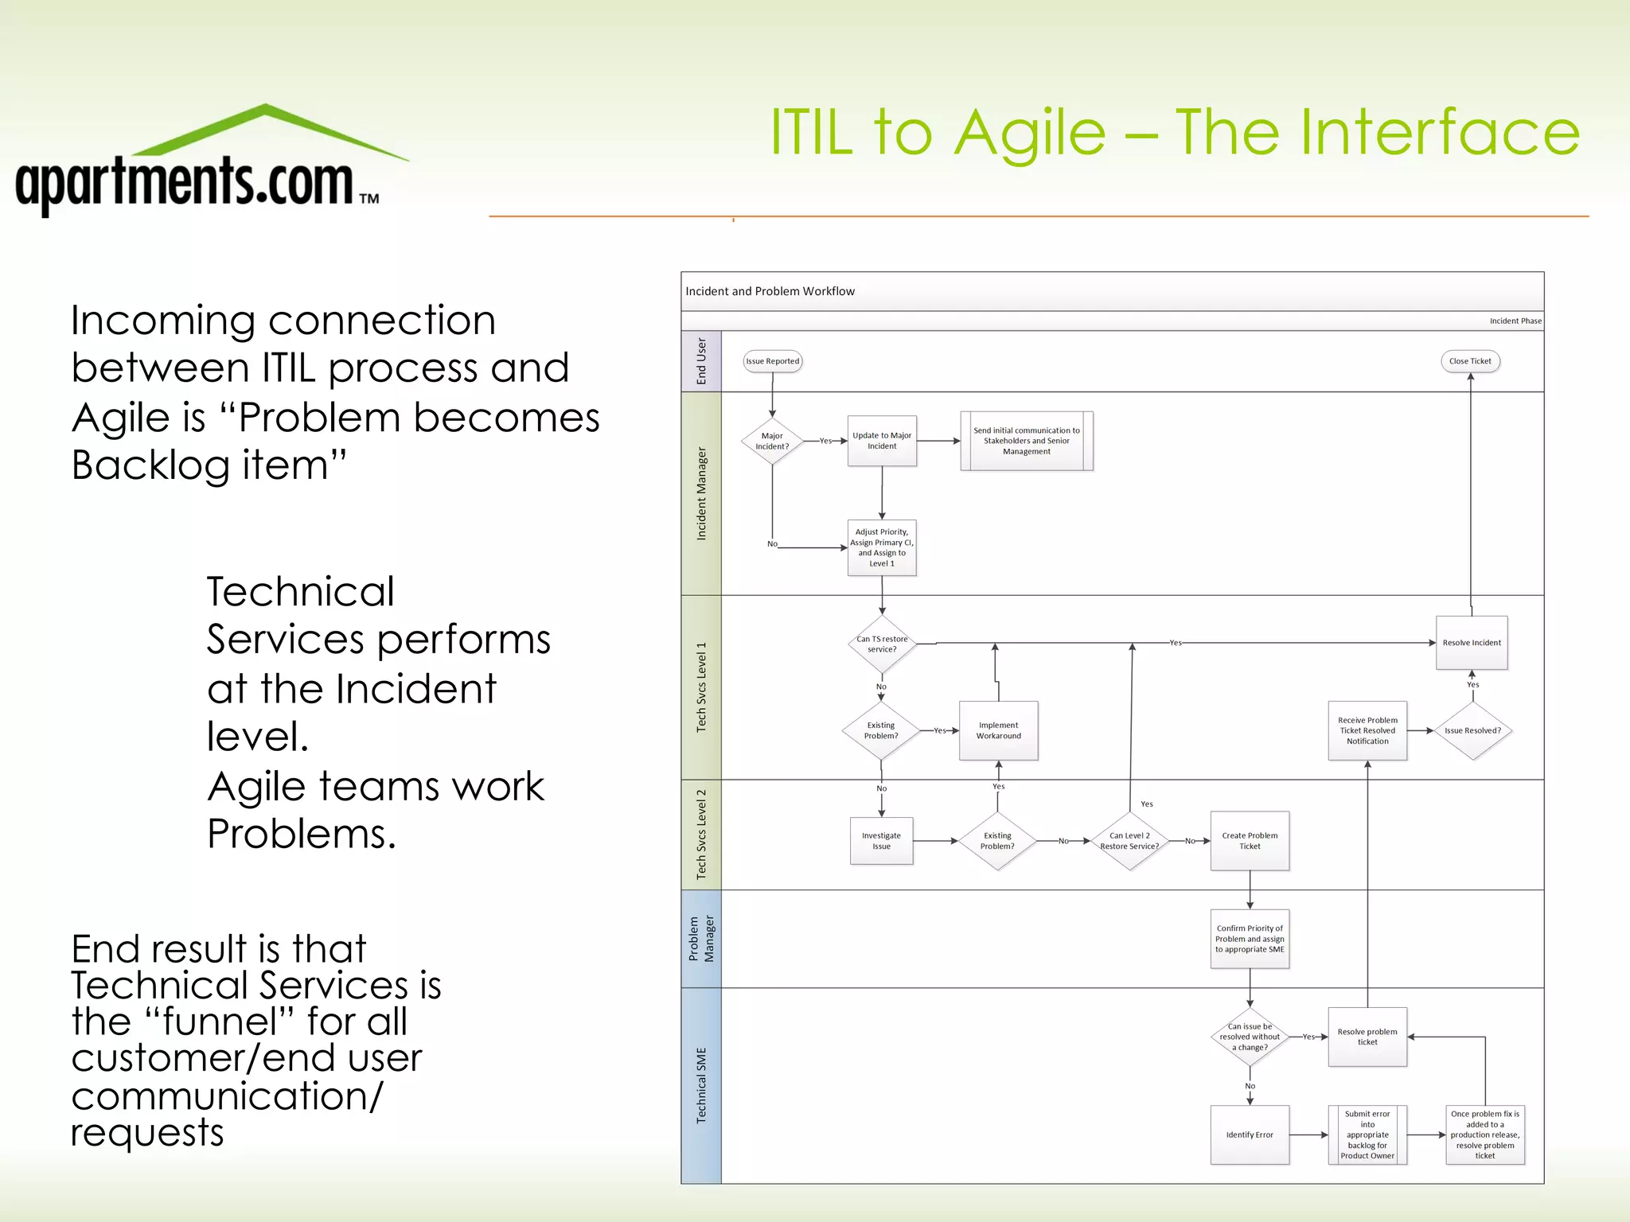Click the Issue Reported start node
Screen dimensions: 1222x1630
(772, 361)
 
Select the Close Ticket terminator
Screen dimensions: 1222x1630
(1470, 361)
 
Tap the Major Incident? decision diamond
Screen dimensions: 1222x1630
(772, 441)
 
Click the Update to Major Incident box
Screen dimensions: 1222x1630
(882, 441)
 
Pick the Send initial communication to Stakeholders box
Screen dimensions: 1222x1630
(1027, 441)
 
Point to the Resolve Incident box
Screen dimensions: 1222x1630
(1472, 643)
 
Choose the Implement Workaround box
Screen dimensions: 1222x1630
(999, 730)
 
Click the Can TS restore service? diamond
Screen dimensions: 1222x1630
(882, 644)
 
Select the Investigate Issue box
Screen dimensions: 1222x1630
(881, 841)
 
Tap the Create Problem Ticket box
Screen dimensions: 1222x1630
(1250, 841)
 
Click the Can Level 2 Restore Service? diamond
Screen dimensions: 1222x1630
(1129, 841)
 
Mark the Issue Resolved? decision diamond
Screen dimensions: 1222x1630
(1472, 730)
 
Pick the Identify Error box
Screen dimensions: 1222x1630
(1250, 1134)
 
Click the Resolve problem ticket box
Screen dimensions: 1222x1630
(1367, 1037)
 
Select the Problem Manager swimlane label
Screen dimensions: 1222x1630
(701, 939)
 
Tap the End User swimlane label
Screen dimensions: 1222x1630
(701, 361)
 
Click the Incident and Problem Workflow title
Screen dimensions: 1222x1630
(770, 291)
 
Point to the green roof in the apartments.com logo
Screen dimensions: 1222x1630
(267, 127)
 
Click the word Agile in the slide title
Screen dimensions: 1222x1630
(1030, 133)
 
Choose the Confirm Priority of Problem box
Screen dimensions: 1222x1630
(1250, 939)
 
